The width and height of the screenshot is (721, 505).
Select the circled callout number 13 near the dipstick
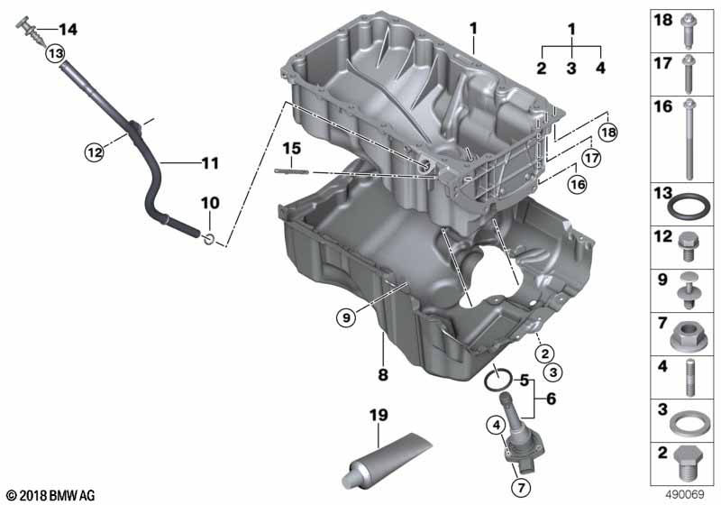tap(55, 54)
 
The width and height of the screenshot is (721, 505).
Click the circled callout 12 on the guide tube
tap(95, 151)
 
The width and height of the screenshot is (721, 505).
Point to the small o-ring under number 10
tap(209, 239)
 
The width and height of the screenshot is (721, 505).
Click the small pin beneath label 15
tap(291, 171)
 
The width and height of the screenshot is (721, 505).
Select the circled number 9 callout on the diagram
tap(346, 317)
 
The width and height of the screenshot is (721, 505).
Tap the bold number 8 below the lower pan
tap(383, 374)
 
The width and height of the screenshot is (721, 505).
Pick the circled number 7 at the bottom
tap(521, 488)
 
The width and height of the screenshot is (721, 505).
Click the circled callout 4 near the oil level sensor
tap(497, 426)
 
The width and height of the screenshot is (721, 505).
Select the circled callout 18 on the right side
tap(607, 133)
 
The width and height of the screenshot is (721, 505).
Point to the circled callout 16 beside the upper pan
tap(578, 185)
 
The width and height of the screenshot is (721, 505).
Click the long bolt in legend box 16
tap(689, 140)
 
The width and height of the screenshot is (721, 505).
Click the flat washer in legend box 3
tap(689, 423)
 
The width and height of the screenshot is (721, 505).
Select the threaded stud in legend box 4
tap(689, 377)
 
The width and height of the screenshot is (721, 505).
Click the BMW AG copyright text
tap(50, 496)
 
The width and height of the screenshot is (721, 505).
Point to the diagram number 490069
tap(685, 495)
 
